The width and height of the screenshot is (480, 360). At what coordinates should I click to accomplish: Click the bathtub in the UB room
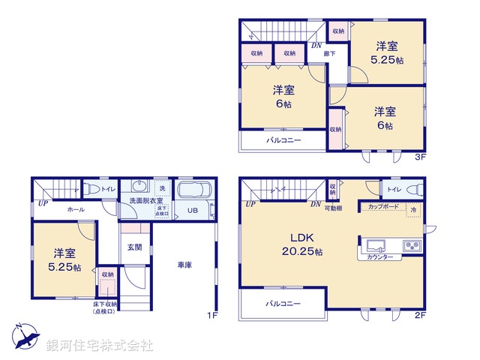[195, 190]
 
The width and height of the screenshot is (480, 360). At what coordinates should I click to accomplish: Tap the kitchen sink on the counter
[376, 244]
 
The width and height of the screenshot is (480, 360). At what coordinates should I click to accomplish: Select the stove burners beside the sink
[412, 244]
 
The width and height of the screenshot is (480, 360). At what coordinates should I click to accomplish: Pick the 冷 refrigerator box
[413, 210]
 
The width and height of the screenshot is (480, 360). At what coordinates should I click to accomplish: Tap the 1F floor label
[211, 315]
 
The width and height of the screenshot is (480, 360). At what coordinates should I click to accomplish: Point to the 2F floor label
[420, 315]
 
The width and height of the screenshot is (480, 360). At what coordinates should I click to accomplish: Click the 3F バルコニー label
[283, 139]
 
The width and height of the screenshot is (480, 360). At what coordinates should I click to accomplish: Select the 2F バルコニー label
[283, 304]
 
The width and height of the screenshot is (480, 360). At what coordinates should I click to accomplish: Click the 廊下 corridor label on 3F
[329, 53]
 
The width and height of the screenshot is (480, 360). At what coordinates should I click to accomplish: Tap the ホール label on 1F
[75, 210]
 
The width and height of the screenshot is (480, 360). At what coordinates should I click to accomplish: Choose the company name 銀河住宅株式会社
[99, 346]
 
